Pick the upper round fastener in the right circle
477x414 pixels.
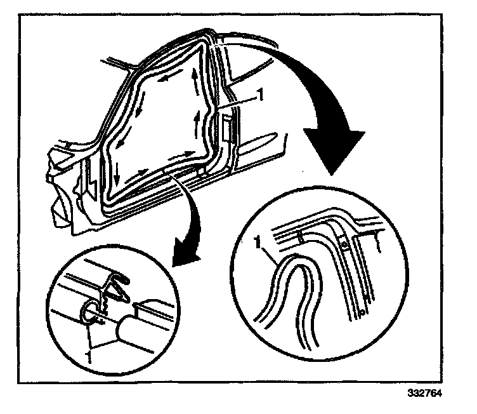click(343, 243)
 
